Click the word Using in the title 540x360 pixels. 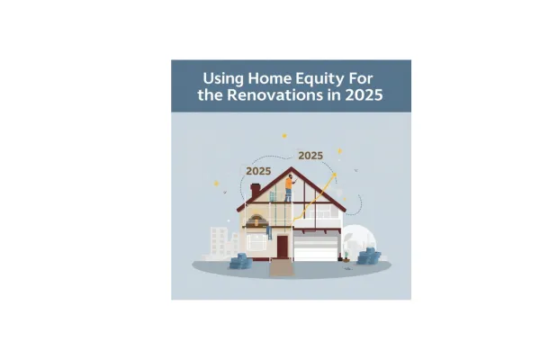(x=224, y=78)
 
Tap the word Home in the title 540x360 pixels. (x=273, y=78)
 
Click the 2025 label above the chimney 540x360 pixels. (x=258, y=170)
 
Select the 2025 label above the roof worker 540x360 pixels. (x=310, y=155)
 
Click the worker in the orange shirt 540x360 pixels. (x=289, y=187)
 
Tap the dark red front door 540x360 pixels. (x=282, y=246)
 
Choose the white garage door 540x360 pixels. (x=315, y=248)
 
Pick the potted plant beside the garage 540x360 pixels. (x=345, y=256)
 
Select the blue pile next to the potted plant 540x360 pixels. (x=367, y=257)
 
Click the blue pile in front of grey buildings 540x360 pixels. (x=239, y=262)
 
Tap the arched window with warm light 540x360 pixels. (x=256, y=220)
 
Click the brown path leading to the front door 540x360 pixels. (x=281, y=267)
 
